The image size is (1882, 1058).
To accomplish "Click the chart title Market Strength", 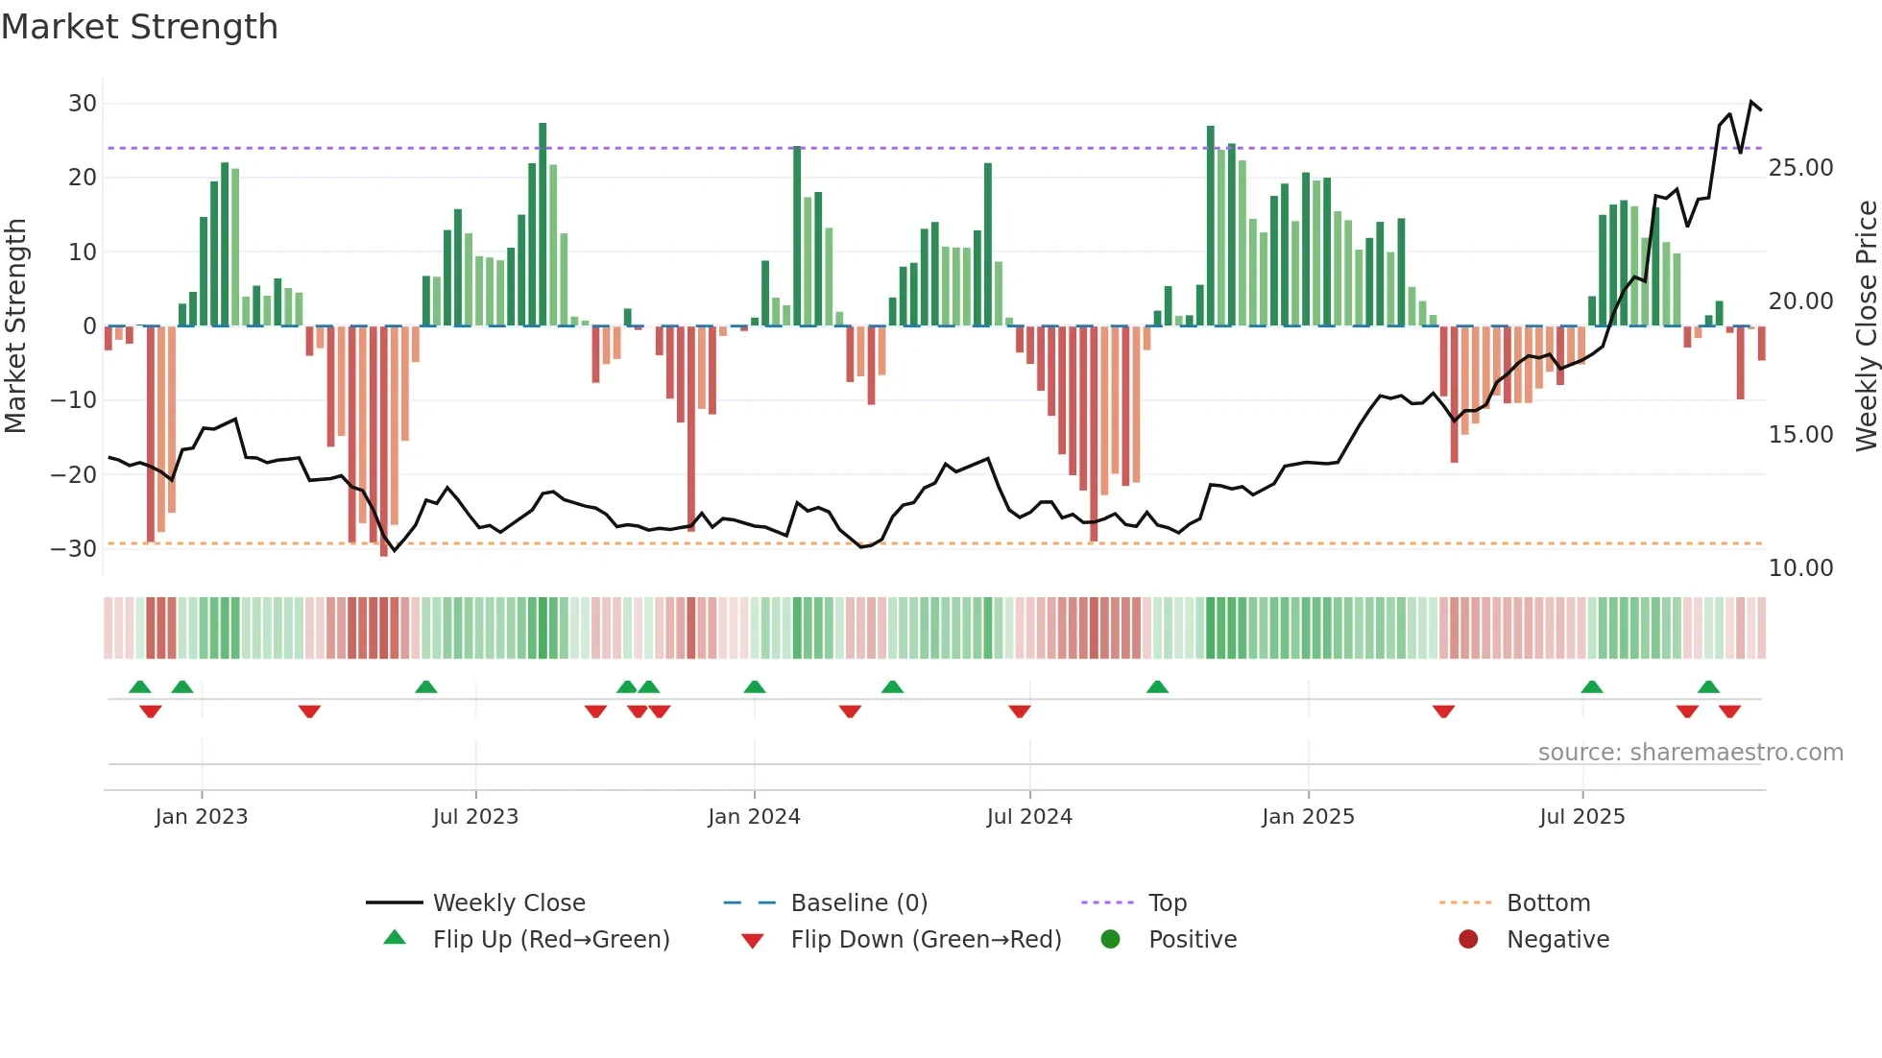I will tap(139, 27).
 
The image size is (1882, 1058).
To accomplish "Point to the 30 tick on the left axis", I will tap(83, 104).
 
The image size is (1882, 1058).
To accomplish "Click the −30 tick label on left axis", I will tap(74, 549).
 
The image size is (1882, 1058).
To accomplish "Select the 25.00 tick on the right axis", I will tap(1800, 168).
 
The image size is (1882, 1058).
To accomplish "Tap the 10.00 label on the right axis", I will tap(1800, 568).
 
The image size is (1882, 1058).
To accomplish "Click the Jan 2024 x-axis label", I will tap(754, 817).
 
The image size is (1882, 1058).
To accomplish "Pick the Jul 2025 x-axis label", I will tap(1581, 817).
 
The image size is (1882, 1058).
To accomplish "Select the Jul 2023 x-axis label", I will tap(475, 817).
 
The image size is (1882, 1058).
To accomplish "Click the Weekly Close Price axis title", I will tap(1866, 326).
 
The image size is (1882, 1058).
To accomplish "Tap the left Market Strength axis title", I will tap(15, 326).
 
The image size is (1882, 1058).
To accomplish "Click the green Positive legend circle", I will tap(1111, 940).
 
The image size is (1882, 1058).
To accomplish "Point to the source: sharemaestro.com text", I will tap(1690, 753).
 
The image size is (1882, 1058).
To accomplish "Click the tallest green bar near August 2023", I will tap(543, 226).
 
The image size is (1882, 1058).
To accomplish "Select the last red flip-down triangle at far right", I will tap(1729, 711).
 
